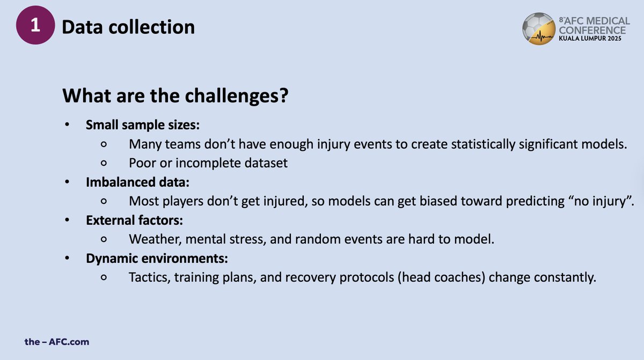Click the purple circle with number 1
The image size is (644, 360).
[36, 27]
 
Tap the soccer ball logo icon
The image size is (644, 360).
[539, 30]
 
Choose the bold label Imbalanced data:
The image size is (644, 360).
[138, 182]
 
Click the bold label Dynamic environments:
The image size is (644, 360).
[157, 259]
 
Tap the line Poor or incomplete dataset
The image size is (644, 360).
[208, 163]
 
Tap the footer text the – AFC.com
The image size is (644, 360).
[57, 341]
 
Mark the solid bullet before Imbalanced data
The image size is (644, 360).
[67, 182]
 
